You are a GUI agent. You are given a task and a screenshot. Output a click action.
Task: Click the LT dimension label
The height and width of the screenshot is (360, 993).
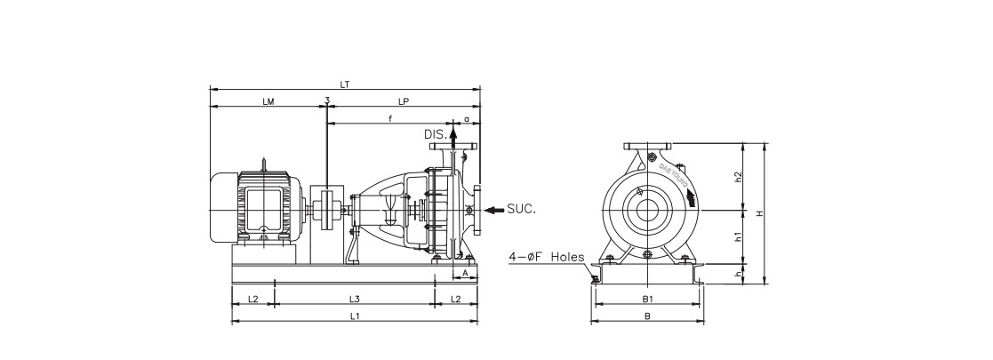345,84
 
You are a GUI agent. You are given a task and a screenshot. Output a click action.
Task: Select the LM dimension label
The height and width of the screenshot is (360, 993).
268,102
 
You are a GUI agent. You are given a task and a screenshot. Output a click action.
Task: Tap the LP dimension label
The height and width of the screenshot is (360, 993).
404,102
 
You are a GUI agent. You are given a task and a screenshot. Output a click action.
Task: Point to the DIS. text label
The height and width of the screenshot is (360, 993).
436,133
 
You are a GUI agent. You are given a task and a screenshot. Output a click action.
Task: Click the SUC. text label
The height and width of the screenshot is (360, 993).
522,210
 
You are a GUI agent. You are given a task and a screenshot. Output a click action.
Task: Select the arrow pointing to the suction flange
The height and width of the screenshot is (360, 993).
493,210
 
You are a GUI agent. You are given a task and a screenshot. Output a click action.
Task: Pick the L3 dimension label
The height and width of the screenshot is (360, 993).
354,299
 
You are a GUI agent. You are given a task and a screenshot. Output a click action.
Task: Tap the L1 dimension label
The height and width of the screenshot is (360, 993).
354,316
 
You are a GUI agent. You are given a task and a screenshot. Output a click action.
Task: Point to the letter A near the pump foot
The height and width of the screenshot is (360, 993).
465,275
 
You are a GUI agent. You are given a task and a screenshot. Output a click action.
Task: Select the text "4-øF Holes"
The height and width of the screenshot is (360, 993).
546,257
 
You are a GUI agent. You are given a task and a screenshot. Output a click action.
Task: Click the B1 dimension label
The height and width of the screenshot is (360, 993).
647,299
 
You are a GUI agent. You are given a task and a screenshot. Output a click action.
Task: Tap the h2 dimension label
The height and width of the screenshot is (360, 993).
739,177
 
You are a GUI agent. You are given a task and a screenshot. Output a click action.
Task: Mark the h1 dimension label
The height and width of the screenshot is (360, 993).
739,236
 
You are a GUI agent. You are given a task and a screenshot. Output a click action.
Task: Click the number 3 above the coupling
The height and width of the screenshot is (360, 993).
327,101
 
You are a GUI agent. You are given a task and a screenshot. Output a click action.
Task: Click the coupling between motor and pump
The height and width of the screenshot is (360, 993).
326,210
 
